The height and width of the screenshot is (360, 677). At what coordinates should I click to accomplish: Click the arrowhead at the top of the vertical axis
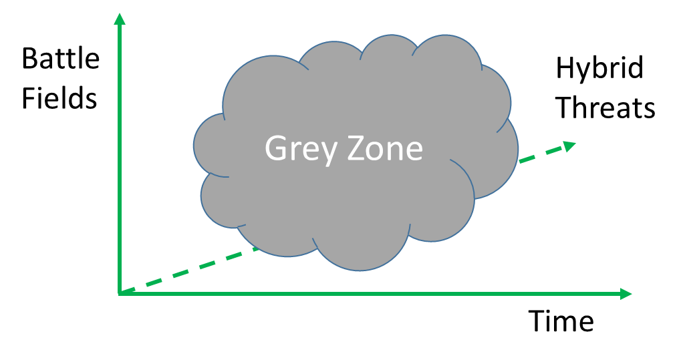click(x=120, y=18)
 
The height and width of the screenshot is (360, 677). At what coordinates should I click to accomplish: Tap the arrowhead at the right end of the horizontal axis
click(x=626, y=293)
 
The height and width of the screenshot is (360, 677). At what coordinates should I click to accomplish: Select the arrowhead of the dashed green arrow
click(x=569, y=146)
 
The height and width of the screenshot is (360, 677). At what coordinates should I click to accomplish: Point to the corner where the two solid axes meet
click(x=120, y=293)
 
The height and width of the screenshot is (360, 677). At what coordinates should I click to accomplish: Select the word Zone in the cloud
click(x=384, y=148)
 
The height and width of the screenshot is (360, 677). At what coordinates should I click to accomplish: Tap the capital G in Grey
click(x=275, y=148)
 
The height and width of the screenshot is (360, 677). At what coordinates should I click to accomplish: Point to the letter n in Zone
click(x=397, y=152)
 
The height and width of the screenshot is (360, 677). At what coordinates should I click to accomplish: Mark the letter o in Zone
click(x=378, y=152)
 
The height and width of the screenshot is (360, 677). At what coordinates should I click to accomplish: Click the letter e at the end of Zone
click(x=414, y=152)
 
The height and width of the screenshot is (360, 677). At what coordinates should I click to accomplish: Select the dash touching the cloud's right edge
click(x=526, y=159)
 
